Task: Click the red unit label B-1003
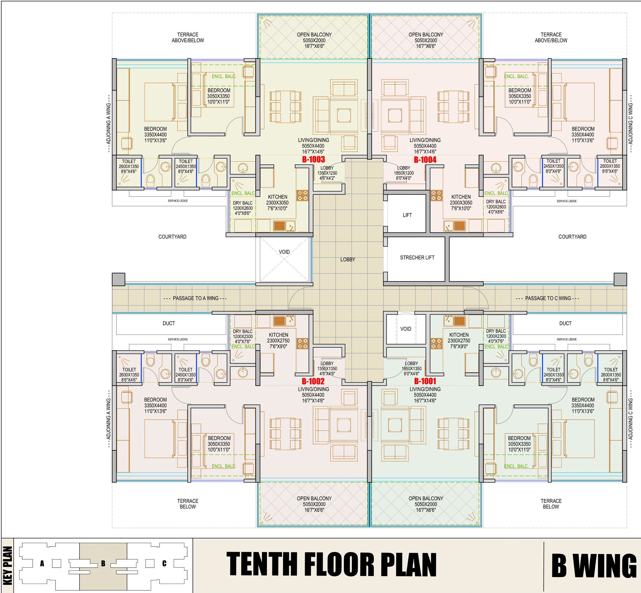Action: point(313,160)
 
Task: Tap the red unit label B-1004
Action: point(425,160)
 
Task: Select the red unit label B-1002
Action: point(313,381)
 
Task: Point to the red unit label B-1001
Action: point(425,381)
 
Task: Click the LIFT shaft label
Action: point(407,215)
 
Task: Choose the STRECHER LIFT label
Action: point(417,257)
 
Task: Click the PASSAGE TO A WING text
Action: point(196,298)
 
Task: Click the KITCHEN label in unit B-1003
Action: point(277,197)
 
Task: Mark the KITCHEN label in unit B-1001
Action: point(459,335)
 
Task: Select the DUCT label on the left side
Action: point(169,323)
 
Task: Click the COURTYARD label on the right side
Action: point(572,236)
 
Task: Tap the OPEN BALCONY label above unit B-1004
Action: point(426,35)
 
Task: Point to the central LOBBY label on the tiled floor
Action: point(348,259)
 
